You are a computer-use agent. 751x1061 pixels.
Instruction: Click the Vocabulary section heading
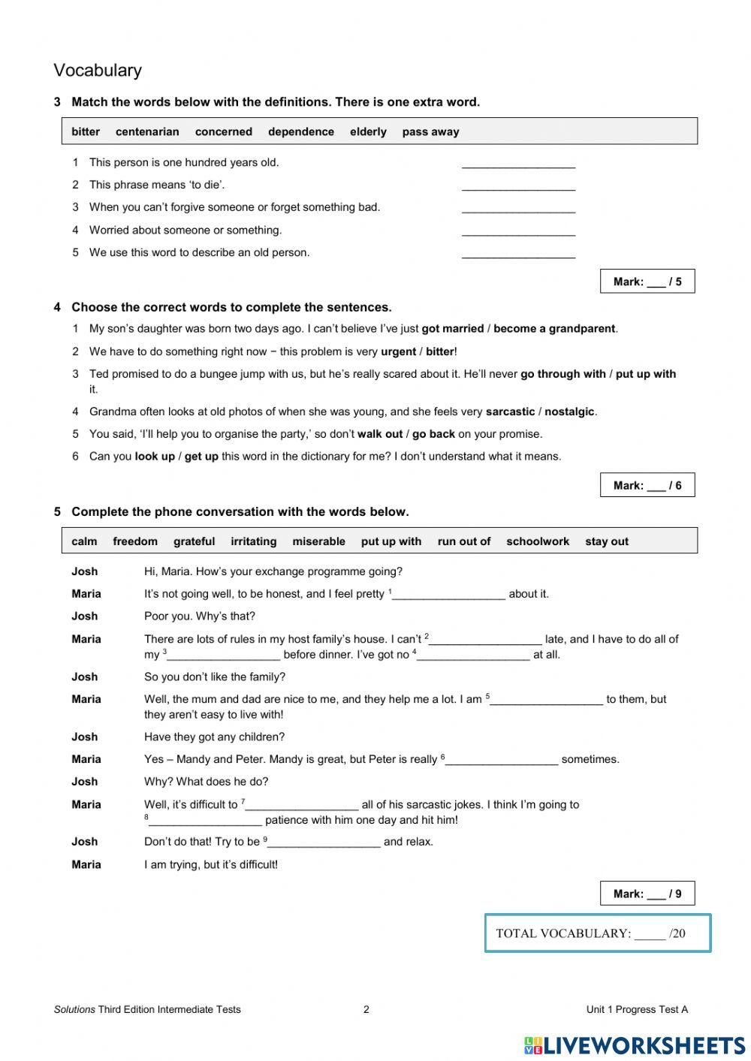98,71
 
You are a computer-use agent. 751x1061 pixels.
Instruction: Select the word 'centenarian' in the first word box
147,131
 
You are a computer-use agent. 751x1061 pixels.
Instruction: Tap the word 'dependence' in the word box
301,131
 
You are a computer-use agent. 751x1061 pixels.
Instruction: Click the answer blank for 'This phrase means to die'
518,185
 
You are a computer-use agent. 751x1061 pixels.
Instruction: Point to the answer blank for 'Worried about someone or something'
518,231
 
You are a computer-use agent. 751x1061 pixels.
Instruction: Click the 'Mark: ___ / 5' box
647,282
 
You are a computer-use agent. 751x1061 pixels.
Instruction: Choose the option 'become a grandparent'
554,329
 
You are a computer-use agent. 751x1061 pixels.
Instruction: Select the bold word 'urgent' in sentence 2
398,351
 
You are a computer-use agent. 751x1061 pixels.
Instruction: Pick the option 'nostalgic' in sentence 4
569,411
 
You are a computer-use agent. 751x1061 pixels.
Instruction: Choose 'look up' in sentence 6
155,457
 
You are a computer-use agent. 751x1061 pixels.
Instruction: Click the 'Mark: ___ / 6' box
647,485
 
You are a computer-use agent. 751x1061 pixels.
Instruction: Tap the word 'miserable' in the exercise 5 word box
318,541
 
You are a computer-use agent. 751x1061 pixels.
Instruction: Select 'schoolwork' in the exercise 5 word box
538,541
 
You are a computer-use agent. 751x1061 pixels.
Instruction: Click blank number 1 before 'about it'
449,595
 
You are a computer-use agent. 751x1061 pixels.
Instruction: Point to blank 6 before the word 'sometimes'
502,760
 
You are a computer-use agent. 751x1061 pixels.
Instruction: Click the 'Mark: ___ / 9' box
647,894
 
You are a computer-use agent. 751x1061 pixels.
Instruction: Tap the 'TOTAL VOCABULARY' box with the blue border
598,933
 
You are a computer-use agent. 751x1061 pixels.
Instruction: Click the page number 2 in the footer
366,1009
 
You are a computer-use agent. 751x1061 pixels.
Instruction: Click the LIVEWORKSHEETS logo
635,1045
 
